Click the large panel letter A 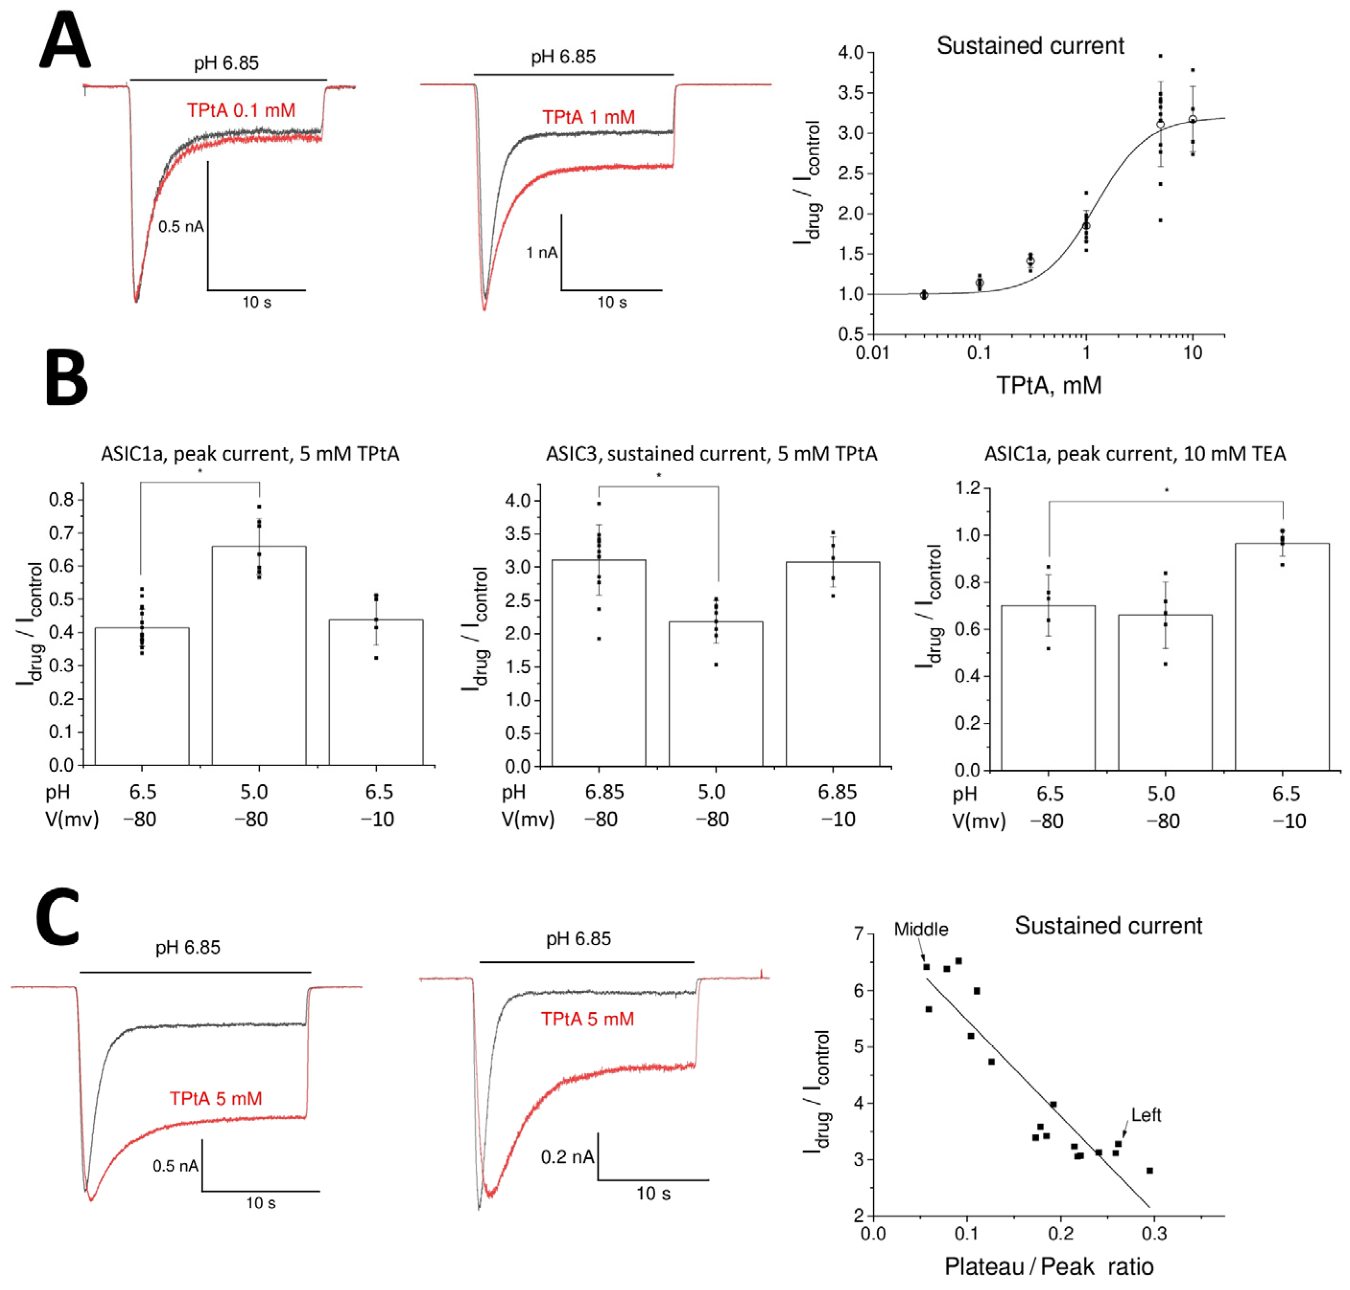point(65,41)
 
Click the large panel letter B point(67,377)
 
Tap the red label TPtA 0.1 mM point(241,110)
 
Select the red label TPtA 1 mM point(588,117)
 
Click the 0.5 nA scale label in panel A point(181,226)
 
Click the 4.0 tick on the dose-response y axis point(850,53)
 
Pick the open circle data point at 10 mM point(1192,120)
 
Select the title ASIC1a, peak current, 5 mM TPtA point(250,454)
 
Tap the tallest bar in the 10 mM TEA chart point(1281,657)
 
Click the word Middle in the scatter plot point(920,930)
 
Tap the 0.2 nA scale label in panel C point(567,1157)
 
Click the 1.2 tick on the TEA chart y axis point(967,488)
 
